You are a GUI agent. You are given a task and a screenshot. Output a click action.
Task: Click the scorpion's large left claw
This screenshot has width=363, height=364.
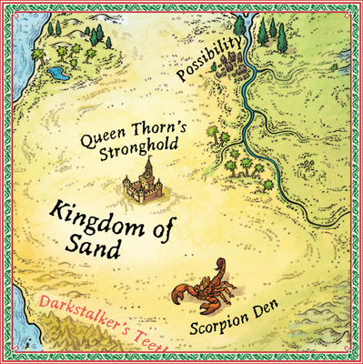(181, 294)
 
